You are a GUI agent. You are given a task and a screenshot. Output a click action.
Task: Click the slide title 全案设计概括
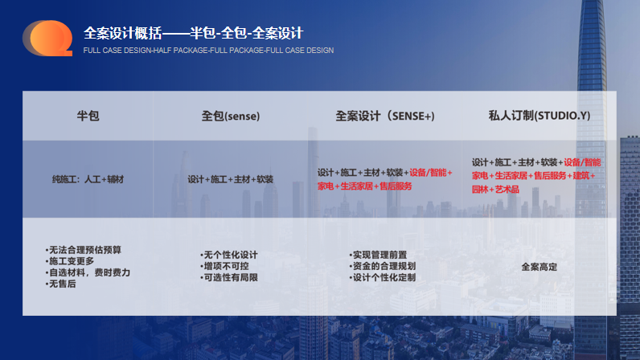122,33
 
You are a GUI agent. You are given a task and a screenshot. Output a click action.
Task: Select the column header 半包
88,116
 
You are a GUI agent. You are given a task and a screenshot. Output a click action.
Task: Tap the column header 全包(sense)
231,116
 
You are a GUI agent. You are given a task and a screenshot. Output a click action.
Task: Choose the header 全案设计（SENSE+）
385,116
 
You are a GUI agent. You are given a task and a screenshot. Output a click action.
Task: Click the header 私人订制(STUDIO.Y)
539,116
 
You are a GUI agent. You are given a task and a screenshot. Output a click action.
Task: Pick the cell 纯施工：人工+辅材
88,179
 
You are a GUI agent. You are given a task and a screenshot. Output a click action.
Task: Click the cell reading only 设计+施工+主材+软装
230,179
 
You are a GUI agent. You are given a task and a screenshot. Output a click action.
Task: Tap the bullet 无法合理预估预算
84,250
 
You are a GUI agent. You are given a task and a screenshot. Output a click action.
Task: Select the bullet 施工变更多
70,261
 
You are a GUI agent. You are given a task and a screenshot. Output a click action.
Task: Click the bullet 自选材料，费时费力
88,272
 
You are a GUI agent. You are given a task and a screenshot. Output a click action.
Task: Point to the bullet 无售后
60,284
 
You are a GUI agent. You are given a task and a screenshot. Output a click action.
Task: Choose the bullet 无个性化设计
229,255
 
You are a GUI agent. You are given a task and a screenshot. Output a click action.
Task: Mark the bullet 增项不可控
224,266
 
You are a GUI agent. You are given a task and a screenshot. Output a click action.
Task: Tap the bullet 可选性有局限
229,277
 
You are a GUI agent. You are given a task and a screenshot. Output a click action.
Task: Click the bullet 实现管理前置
378,255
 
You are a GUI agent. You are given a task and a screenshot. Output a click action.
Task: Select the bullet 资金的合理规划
383,266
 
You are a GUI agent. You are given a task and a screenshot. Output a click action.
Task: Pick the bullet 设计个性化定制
383,277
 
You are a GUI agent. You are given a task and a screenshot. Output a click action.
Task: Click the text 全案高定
539,267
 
